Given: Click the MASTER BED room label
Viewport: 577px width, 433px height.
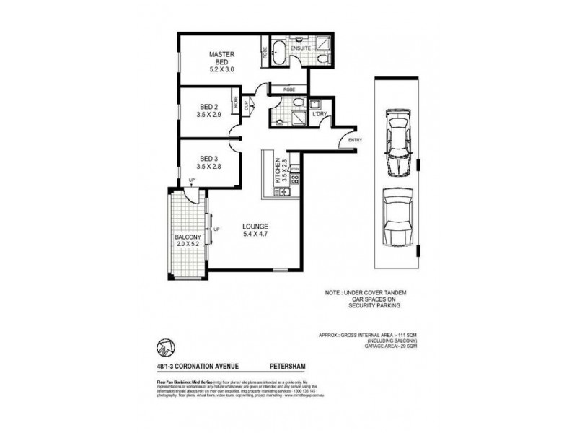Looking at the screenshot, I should click(x=219, y=55).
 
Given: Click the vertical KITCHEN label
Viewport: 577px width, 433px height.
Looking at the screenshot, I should click(x=276, y=174).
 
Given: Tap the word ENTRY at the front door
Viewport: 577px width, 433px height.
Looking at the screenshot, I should click(x=355, y=139).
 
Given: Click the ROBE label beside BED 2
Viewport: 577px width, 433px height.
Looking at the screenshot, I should click(x=235, y=102).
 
